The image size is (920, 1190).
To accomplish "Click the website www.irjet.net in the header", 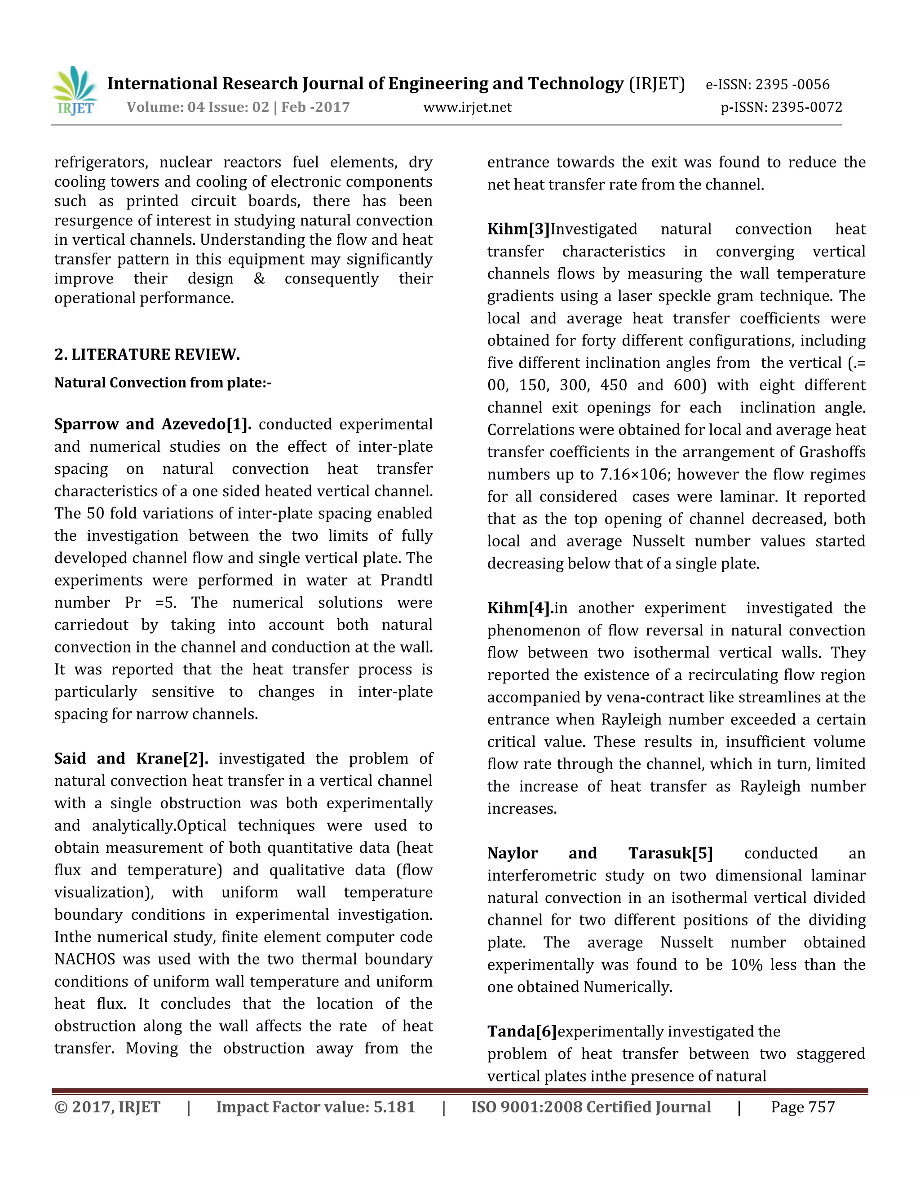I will pyautogui.click(x=467, y=107).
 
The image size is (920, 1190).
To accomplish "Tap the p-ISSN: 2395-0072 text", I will pyautogui.click(x=781, y=107).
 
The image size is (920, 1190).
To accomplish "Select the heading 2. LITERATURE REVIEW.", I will pyautogui.click(x=147, y=355).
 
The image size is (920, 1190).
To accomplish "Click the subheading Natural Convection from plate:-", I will pyautogui.click(x=163, y=383).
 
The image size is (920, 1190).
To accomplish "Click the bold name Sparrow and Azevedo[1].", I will pyautogui.click(x=153, y=424).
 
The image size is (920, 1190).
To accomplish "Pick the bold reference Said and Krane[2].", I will pyautogui.click(x=131, y=758).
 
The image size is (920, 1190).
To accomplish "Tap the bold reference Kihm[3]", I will pyautogui.click(x=518, y=229).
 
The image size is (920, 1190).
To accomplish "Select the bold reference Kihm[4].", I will pyautogui.click(x=520, y=608).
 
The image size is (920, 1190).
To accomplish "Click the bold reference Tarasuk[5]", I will pyautogui.click(x=670, y=853).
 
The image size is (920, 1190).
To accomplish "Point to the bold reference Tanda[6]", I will pyautogui.click(x=522, y=1031).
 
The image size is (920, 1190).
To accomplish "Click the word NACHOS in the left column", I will pyautogui.click(x=84, y=959).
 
